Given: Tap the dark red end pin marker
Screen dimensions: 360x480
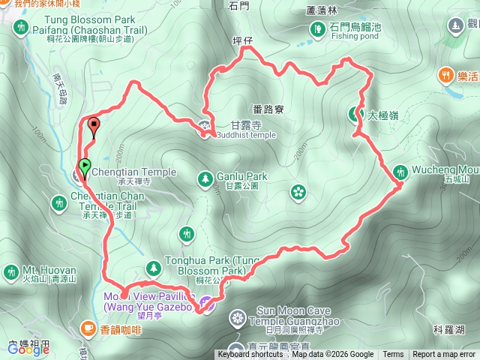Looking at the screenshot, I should coord(94,126).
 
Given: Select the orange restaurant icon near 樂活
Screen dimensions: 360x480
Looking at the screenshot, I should coord(446,75).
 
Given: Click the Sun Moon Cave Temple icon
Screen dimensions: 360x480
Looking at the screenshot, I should coord(237,319).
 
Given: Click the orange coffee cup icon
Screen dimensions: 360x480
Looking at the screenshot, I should coord(88,328).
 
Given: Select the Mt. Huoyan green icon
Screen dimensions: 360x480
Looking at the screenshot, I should coord(10,271).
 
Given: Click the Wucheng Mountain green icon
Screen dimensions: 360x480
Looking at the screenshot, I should coord(400,172).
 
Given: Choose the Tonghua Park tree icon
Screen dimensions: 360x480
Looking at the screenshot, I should coord(154,267).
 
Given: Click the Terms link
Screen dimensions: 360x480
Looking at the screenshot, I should coord(393,355).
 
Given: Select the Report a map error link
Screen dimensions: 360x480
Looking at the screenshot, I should coord(445,355).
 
